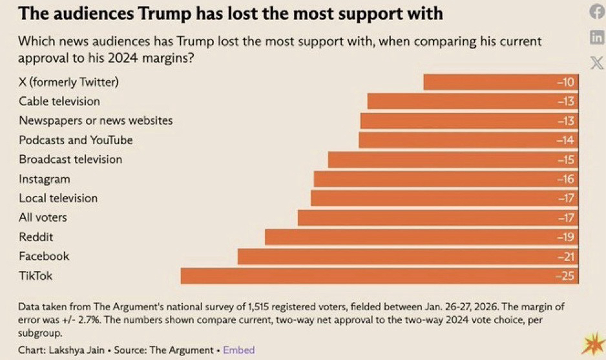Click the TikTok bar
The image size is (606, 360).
tap(379, 276)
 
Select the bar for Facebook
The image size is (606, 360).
tap(408, 257)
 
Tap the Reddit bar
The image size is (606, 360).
tap(421, 237)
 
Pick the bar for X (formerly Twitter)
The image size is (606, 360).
tap(501, 82)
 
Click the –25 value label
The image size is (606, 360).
tap(565, 276)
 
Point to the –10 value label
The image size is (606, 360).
tap(565, 82)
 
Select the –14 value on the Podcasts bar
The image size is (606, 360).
tap(565, 140)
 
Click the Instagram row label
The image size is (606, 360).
tap(45, 179)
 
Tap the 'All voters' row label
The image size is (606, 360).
tap(43, 218)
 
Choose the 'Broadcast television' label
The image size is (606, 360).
tap(70, 160)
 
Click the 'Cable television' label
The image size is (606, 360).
tap(59, 101)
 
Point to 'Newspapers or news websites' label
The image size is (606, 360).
tap(96, 121)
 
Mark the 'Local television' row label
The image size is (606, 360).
tap(58, 198)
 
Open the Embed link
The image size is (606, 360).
tap(239, 350)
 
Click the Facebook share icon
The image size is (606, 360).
tap(597, 12)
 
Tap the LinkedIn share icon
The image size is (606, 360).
tap(597, 37)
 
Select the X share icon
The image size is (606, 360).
tap(597, 63)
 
